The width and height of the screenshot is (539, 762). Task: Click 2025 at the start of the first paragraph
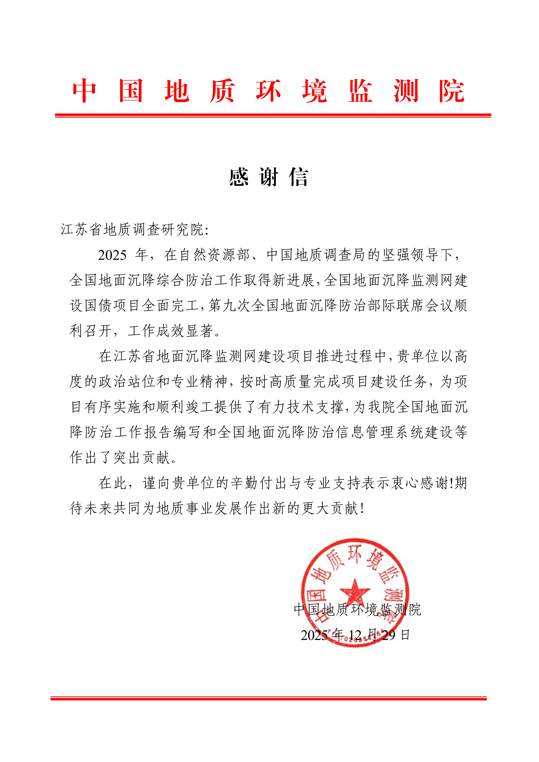point(112,255)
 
